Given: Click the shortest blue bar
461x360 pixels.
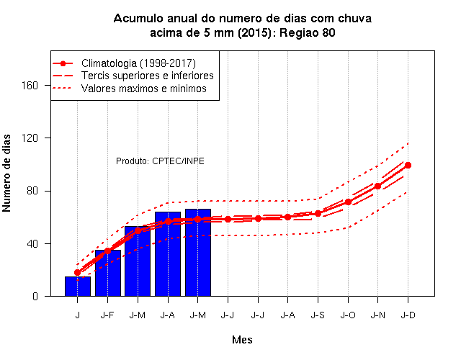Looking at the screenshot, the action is click(78, 287).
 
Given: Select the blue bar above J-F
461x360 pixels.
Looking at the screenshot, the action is click(108, 273).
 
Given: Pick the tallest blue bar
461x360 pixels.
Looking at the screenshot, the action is click(198, 253).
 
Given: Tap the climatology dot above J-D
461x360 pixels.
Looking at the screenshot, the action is click(408, 165).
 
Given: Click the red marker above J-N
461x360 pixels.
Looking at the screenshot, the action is click(377, 186).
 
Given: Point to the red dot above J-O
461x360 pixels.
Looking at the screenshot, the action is click(348, 202).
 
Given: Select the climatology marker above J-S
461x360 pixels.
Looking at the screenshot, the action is click(318, 214).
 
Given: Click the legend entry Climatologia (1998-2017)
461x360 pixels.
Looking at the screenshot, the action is click(138, 63).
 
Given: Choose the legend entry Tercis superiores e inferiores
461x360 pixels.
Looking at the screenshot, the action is click(147, 76).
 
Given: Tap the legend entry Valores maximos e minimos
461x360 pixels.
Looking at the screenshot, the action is click(144, 89).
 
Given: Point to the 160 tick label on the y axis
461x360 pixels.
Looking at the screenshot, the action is click(30, 86).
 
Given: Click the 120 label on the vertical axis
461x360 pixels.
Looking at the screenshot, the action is click(30, 138).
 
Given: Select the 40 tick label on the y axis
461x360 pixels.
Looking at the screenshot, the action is click(32, 244).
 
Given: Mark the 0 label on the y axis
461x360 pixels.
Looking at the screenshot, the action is click(35, 297).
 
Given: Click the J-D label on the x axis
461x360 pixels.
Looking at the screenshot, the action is click(408, 315).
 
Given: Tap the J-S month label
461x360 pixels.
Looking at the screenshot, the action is click(318, 315).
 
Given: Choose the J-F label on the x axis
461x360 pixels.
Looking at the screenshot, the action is click(107, 315).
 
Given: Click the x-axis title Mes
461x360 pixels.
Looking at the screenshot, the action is click(242, 340).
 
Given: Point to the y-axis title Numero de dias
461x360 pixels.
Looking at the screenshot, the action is click(6, 174).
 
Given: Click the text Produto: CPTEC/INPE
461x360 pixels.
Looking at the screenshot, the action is click(160, 161).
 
